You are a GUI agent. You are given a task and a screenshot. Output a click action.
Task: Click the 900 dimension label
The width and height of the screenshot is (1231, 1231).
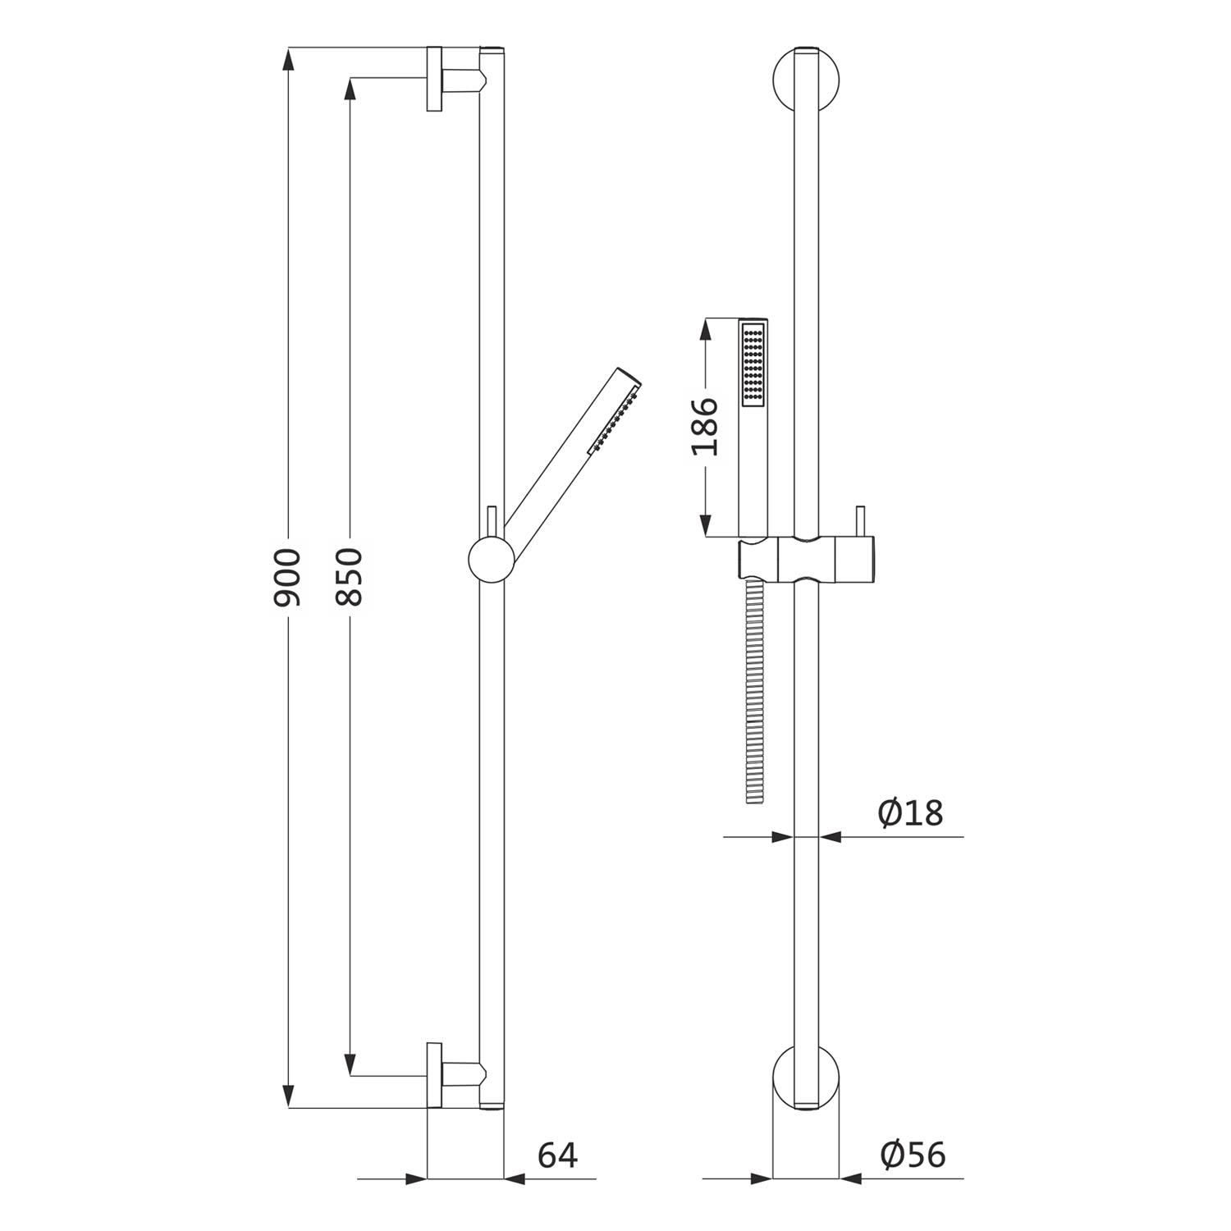pyautogui.click(x=287, y=577)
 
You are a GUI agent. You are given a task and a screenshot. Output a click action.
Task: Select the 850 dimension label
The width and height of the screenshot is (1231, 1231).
pyautogui.click(x=349, y=577)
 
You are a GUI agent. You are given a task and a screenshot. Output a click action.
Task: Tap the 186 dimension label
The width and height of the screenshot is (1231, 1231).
pyautogui.click(x=705, y=427)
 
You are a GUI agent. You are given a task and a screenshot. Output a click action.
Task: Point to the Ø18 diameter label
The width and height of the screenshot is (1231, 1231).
pyautogui.click(x=910, y=813)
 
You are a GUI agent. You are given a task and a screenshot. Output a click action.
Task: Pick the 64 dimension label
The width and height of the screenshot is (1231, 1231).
pyautogui.click(x=558, y=1155)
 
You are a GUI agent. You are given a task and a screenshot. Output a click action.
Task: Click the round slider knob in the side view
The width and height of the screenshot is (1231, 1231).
pyautogui.click(x=491, y=561)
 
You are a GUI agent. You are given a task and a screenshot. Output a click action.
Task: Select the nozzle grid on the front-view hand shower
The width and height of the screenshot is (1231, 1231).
pyautogui.click(x=754, y=364)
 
